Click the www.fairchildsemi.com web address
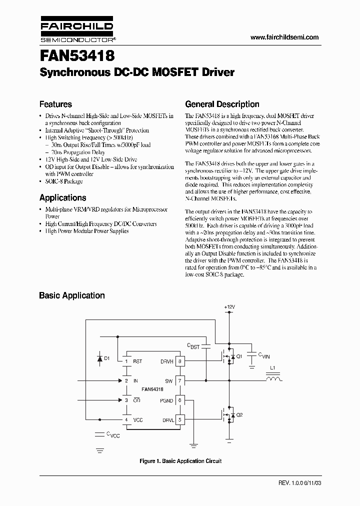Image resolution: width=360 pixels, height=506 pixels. (284, 37)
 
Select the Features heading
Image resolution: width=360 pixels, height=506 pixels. (55, 104)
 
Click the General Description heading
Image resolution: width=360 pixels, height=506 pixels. (222, 104)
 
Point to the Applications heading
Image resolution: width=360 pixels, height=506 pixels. (62, 197)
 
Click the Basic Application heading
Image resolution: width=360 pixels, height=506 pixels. (72, 295)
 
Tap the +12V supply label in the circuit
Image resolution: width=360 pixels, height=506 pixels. (229, 306)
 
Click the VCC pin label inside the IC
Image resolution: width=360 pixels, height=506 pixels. (137, 420)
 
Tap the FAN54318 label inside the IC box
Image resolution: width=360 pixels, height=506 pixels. (152, 388)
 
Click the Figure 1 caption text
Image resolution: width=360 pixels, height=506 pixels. (180, 461)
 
